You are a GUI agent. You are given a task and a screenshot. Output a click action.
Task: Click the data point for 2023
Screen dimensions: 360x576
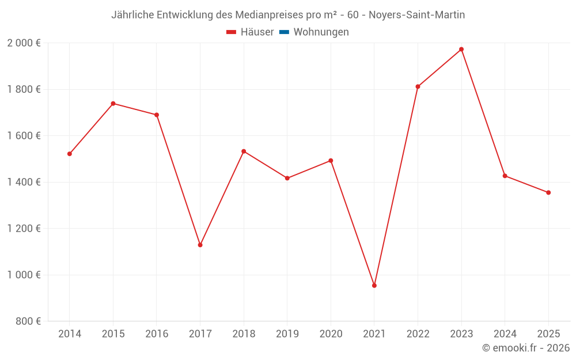point(461,50)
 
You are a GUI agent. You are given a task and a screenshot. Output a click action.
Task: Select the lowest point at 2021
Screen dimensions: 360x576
point(374,286)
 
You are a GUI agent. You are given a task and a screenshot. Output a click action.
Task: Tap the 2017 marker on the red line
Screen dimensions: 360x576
point(200,245)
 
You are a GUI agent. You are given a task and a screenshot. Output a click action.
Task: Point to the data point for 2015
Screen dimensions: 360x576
point(113,104)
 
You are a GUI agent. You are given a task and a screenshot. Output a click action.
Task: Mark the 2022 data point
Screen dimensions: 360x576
point(418,87)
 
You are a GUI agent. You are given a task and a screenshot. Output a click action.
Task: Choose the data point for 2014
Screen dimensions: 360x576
point(70,154)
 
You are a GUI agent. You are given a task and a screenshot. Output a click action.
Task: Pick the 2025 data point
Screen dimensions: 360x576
point(548,192)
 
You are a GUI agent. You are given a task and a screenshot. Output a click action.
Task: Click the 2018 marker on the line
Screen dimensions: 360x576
point(244,151)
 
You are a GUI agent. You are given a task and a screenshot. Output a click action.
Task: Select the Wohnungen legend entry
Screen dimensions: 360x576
point(321,32)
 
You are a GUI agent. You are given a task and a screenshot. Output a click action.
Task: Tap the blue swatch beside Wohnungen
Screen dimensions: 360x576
point(284,32)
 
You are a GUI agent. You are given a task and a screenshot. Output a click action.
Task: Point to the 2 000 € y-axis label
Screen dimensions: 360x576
point(24,43)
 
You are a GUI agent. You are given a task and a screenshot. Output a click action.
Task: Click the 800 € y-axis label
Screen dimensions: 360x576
point(29,321)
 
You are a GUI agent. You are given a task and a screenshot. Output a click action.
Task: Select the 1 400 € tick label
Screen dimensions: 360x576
point(24,182)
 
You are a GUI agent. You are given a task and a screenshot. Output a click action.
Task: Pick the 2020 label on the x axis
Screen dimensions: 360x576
point(331,334)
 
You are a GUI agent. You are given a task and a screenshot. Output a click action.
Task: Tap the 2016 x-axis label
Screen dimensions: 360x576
point(157,334)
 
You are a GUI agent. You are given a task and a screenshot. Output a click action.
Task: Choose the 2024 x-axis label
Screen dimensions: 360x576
point(505,334)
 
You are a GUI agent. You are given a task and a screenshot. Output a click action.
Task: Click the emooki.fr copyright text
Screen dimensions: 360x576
point(526,348)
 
